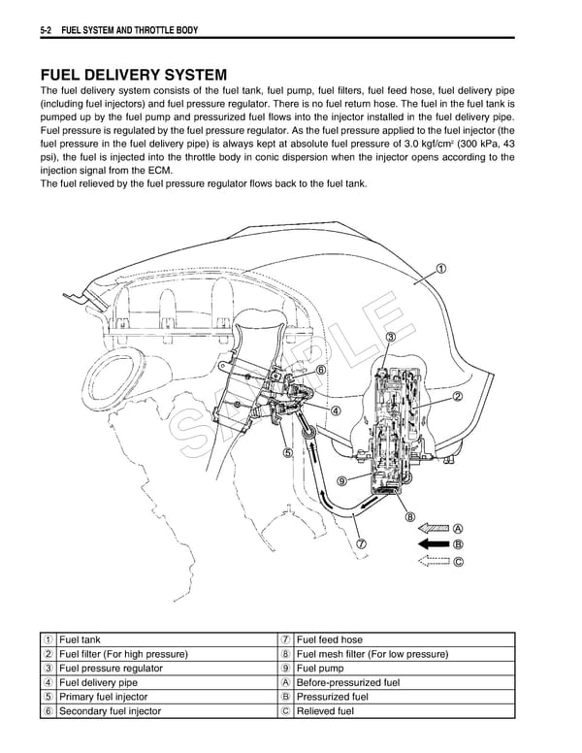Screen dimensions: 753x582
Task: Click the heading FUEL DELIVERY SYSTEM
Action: [x=134, y=75]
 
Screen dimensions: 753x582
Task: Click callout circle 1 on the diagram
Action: [x=441, y=269]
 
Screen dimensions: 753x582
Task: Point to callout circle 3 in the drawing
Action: [x=391, y=337]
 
